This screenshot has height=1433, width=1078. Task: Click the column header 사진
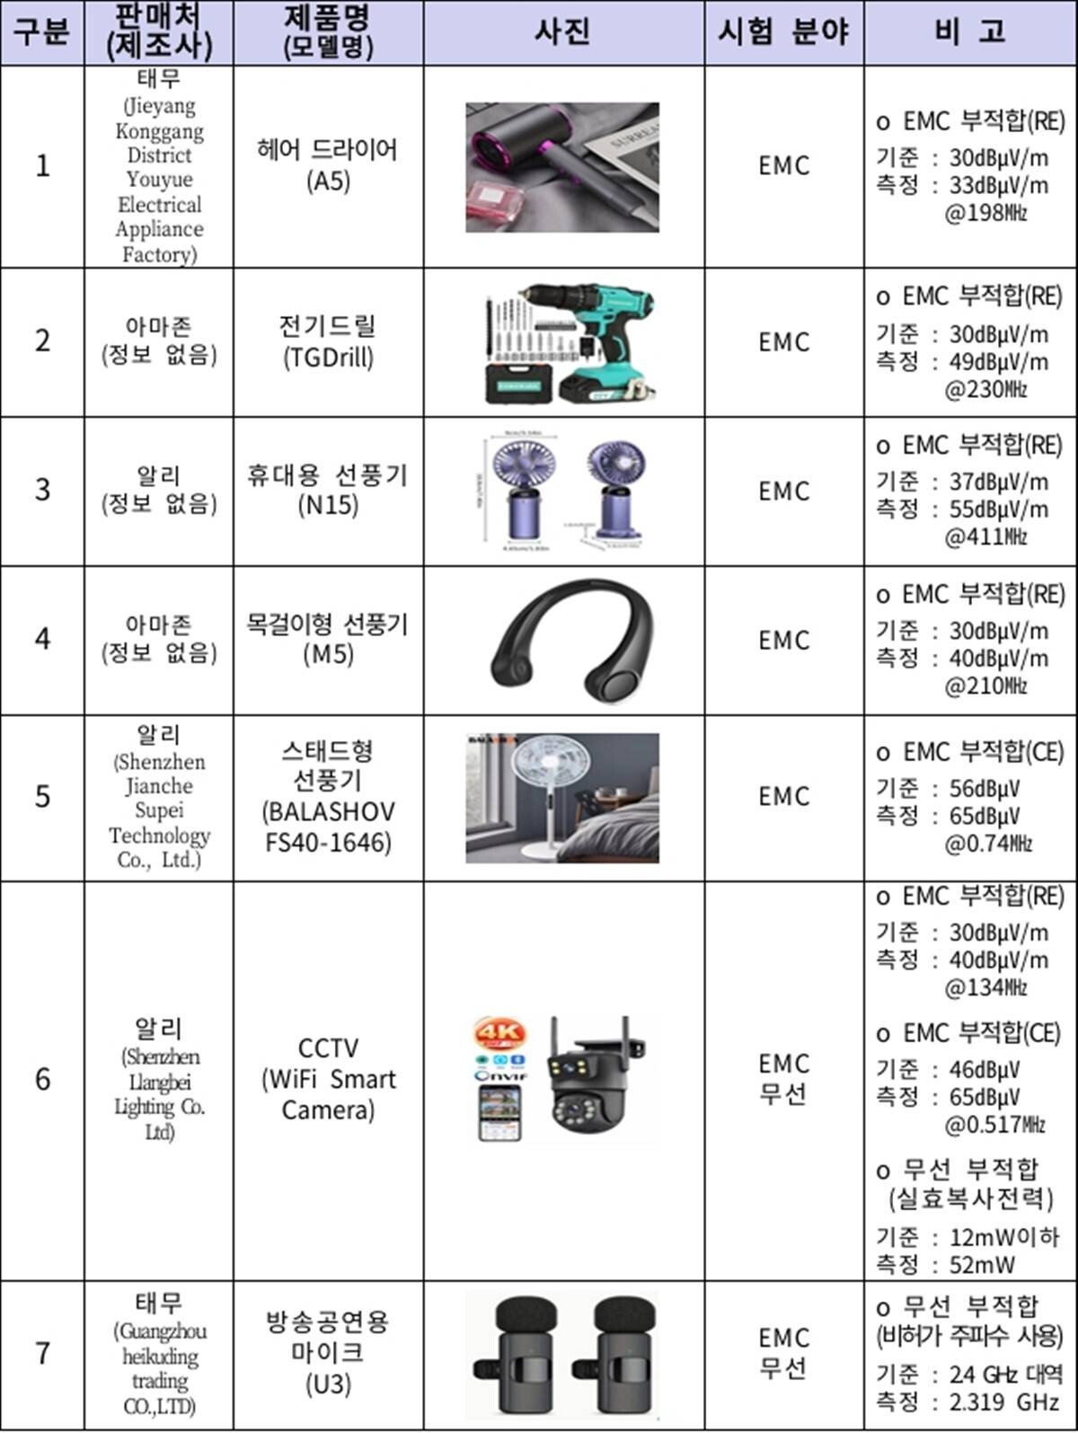tap(563, 32)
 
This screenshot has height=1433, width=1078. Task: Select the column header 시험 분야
tap(783, 32)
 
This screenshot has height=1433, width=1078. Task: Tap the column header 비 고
tap(970, 32)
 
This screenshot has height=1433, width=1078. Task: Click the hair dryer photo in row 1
tap(562, 167)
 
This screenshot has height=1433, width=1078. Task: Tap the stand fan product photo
tap(562, 798)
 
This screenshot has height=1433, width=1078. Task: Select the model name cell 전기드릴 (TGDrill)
tap(328, 341)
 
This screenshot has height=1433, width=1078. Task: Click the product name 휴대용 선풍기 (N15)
tap(328, 490)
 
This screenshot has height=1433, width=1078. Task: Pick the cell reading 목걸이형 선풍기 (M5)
tap(328, 639)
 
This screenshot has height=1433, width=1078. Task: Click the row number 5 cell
tap(42, 797)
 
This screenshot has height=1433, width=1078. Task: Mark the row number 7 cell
tap(42, 1353)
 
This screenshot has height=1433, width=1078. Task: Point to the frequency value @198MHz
tap(985, 214)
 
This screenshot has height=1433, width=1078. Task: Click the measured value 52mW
tap(982, 1265)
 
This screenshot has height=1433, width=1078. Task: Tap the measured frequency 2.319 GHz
tap(1004, 1402)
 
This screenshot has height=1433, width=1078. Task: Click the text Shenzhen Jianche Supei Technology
tap(159, 810)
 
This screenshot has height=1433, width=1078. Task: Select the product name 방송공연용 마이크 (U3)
tap(328, 1353)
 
